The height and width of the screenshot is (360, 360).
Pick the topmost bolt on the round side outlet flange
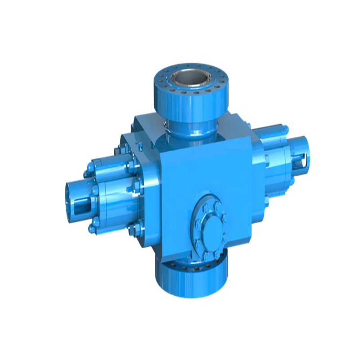coord(207,199)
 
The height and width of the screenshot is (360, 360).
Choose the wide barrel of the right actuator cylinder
coord(274,155)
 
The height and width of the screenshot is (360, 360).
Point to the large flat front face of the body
coord(198,175)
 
